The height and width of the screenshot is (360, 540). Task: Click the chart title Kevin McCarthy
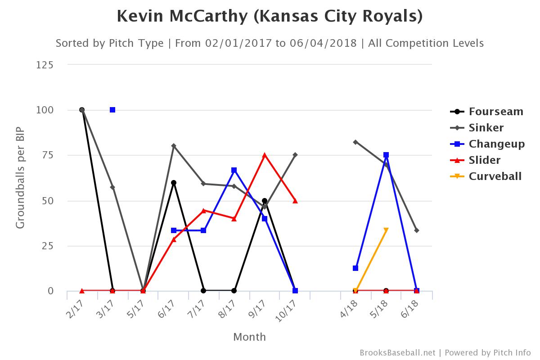point(270,17)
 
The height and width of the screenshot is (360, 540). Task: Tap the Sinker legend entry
point(486,128)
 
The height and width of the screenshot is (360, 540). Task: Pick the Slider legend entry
point(484,160)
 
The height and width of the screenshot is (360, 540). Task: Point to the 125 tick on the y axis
point(45,65)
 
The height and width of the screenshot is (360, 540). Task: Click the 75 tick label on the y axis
point(47,155)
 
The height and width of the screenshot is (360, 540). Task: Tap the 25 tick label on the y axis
point(47,246)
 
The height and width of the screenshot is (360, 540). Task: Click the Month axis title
point(249,337)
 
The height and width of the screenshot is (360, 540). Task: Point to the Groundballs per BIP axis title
point(20,178)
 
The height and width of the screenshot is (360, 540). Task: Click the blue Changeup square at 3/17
point(112,110)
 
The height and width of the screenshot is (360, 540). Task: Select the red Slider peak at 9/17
point(265,155)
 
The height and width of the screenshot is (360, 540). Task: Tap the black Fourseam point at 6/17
point(174,183)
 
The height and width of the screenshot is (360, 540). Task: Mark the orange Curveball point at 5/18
point(386,230)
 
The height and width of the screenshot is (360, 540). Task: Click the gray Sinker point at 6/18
point(417,230)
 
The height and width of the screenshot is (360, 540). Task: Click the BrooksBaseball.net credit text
point(398,352)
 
